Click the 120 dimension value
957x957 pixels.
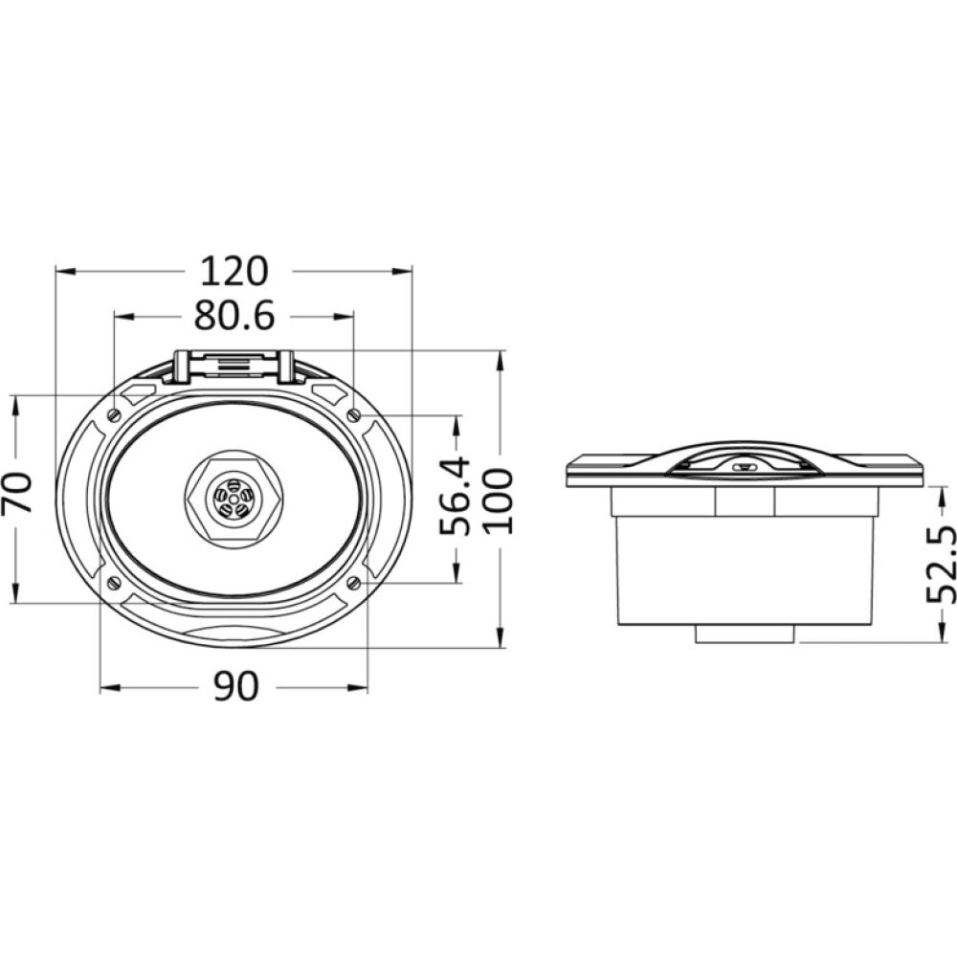click(234, 272)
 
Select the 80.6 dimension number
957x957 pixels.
click(234, 316)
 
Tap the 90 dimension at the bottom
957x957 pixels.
click(236, 686)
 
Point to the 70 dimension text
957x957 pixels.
click(16, 493)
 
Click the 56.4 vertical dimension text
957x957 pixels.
click(456, 496)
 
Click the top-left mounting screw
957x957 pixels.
click(114, 414)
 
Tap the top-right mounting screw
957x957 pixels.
click(354, 415)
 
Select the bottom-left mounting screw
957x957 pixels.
click(114, 583)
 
